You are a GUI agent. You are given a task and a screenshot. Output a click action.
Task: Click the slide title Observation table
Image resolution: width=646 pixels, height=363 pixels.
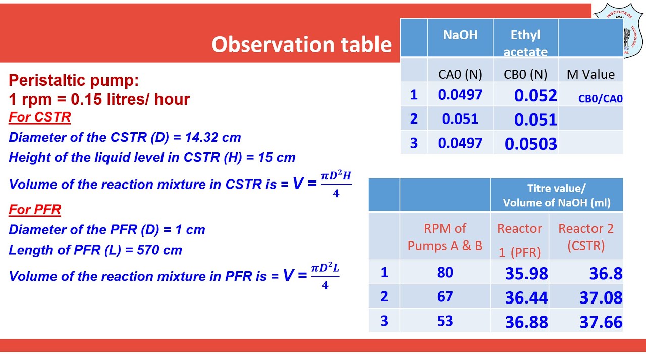click(301, 45)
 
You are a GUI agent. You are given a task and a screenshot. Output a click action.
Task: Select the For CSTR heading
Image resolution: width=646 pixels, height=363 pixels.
click(39, 117)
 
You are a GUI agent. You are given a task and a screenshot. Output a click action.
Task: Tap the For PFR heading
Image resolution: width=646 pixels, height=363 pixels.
click(35, 209)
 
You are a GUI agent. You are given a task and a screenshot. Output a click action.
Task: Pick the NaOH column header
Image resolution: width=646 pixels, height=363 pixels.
click(460, 35)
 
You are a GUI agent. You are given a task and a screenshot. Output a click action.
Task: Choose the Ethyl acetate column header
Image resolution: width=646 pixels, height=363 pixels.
click(525, 43)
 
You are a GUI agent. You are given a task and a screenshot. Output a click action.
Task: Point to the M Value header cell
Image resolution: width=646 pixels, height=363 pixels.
click(590, 74)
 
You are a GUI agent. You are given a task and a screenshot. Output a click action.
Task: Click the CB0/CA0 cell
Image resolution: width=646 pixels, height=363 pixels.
click(600, 99)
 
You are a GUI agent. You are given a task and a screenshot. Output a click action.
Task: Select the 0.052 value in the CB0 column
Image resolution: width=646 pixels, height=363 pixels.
click(535, 95)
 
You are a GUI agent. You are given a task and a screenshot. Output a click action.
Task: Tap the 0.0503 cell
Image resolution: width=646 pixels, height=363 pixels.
click(530, 144)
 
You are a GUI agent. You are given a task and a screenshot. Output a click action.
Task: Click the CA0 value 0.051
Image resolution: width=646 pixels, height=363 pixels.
click(460, 119)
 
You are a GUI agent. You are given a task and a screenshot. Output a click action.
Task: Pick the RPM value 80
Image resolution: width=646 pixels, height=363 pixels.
click(445, 273)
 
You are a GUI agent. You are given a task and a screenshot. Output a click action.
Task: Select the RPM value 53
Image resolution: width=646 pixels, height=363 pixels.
click(445, 321)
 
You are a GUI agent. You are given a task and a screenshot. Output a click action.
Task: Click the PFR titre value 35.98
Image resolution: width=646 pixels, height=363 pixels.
click(526, 273)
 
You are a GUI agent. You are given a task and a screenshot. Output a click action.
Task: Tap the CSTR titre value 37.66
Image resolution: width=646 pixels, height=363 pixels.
click(601, 322)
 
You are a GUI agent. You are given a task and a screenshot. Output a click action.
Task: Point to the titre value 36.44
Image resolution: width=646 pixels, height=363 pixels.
click(526, 297)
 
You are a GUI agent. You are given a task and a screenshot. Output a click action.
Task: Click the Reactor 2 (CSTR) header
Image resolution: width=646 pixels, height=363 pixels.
click(585, 237)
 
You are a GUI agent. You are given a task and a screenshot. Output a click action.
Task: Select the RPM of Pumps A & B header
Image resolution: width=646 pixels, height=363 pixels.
click(445, 237)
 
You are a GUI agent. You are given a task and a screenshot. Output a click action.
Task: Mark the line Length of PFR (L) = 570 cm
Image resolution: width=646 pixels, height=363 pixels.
click(95, 250)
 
